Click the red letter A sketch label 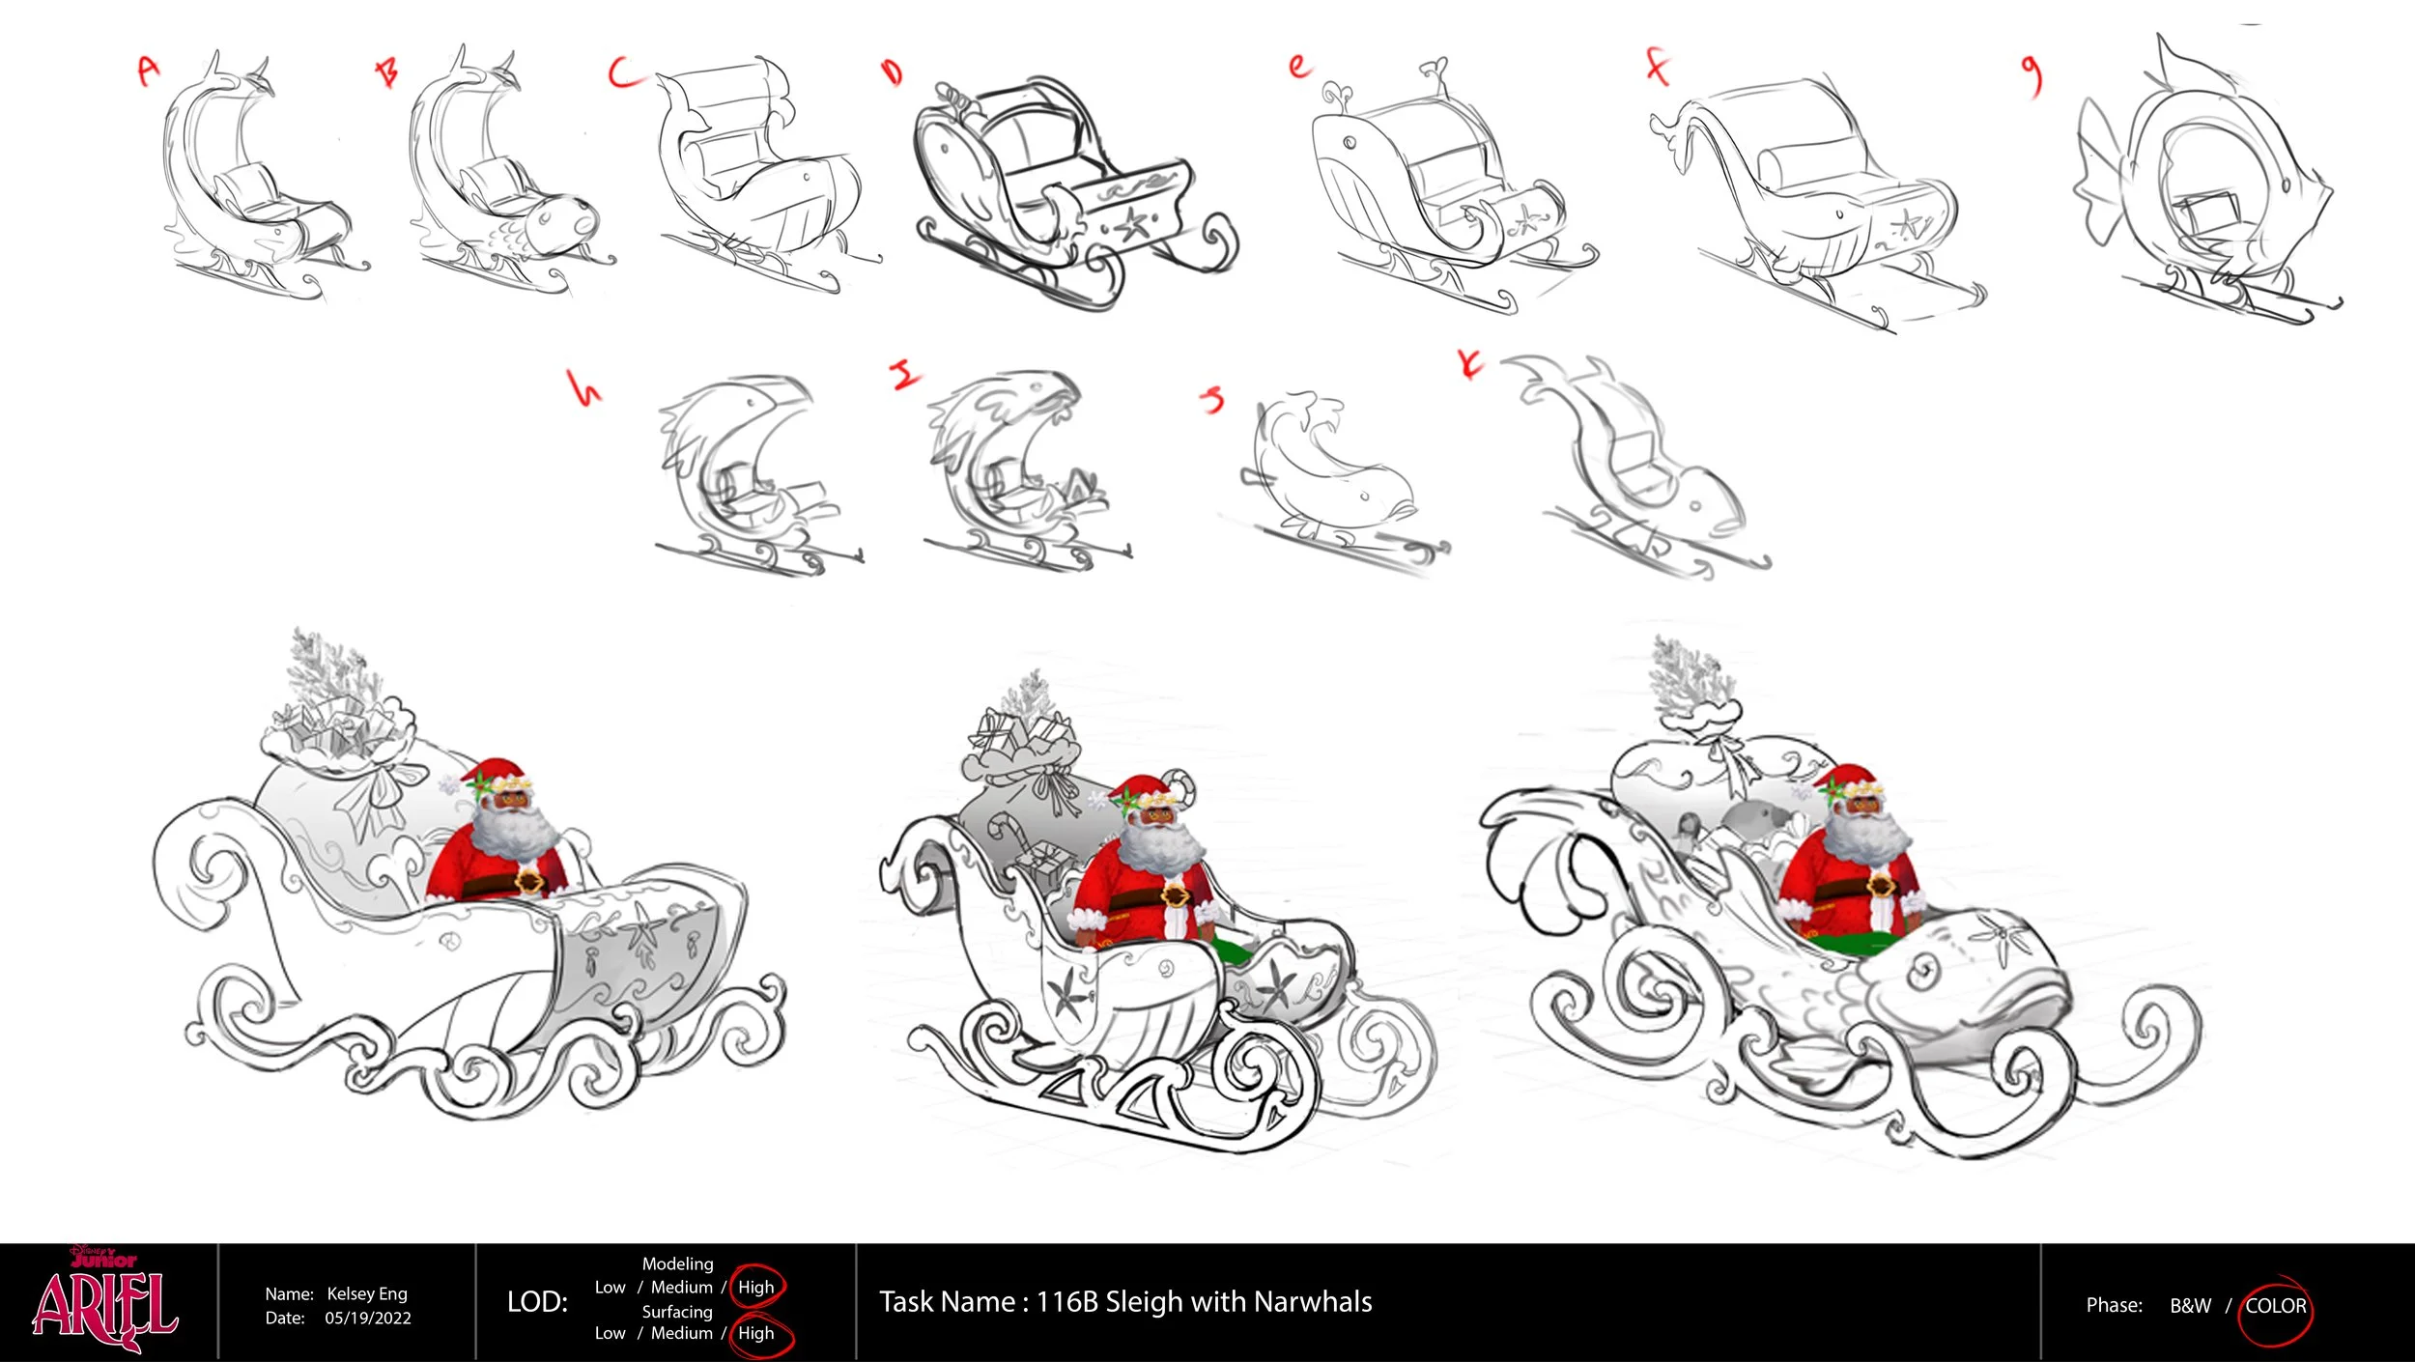click(x=148, y=70)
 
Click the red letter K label click(x=1470, y=364)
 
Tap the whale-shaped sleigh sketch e click(x=1449, y=184)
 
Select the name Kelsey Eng click(x=367, y=1293)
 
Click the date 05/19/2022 click(x=368, y=1319)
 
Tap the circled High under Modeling click(x=756, y=1287)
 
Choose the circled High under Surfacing click(x=759, y=1334)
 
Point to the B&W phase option click(x=2190, y=1306)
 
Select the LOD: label click(x=537, y=1302)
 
